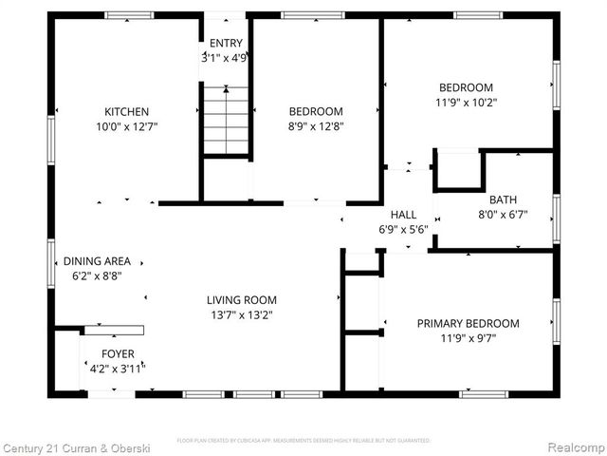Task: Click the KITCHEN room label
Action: [126, 112]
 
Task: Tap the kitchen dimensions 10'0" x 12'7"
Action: [126, 126]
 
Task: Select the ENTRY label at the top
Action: [226, 43]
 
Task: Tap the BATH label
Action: [504, 200]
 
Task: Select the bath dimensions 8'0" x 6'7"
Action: [504, 214]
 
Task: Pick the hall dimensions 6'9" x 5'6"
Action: [404, 229]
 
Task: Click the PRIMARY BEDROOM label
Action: [468, 323]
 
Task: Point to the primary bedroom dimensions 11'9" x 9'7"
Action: [468, 337]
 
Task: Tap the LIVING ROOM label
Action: [242, 300]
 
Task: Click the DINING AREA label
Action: [97, 261]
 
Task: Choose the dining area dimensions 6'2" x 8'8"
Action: [97, 275]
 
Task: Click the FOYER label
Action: [119, 353]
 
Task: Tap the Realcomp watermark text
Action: [574, 446]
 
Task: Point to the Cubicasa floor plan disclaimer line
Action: [303, 441]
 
